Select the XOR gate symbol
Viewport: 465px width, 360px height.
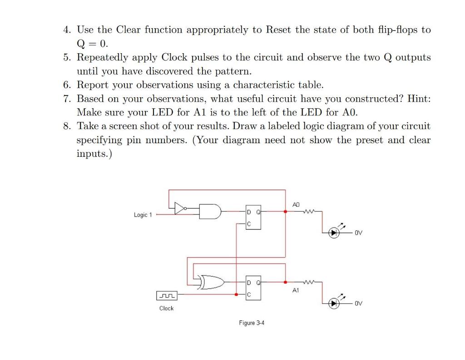click(x=212, y=283)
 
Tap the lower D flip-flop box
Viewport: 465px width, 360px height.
click(x=252, y=288)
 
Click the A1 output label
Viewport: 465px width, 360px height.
click(x=296, y=290)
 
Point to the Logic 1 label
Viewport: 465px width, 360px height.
click(x=143, y=215)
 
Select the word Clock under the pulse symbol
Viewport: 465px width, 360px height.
click(x=166, y=308)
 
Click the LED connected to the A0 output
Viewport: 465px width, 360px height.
click(x=335, y=233)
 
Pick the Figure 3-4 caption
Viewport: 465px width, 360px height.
click(x=252, y=323)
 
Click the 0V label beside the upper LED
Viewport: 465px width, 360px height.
click(x=359, y=233)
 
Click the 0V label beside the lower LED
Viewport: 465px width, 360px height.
click(x=359, y=303)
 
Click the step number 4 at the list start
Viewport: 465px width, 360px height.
click(x=66, y=30)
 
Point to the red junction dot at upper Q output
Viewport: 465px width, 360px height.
click(x=285, y=211)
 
